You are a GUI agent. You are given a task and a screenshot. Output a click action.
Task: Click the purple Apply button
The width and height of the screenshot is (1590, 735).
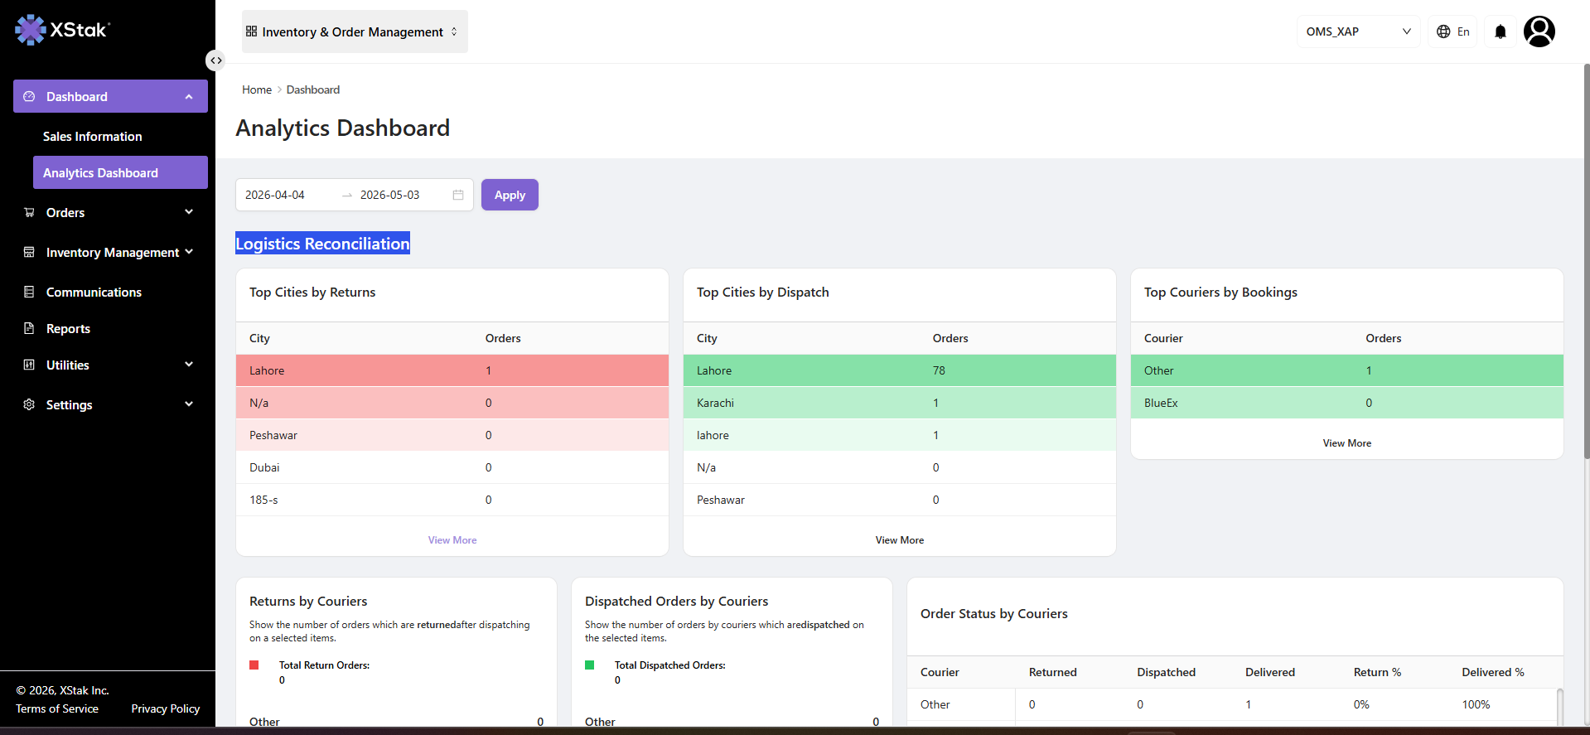[x=510, y=195]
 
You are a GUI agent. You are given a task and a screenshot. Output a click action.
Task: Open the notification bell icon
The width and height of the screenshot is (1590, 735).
[x=1500, y=31]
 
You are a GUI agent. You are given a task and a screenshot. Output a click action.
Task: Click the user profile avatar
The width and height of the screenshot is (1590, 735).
[x=1539, y=31]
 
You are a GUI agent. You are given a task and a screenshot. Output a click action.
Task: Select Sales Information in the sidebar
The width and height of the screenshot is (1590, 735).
[x=92, y=136]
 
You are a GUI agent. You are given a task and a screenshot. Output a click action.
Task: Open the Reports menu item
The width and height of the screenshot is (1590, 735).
[x=68, y=328]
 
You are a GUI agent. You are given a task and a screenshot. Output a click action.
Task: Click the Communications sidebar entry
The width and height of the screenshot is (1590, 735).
[x=94, y=292]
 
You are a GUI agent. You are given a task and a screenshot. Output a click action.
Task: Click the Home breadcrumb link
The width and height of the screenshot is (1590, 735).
[x=257, y=89]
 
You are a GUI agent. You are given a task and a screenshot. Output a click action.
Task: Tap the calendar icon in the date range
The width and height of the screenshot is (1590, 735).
[x=458, y=195]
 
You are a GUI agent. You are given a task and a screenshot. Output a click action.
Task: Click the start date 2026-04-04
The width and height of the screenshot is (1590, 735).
[x=275, y=195]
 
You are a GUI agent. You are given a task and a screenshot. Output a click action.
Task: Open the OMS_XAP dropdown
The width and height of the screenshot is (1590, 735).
[x=1358, y=31]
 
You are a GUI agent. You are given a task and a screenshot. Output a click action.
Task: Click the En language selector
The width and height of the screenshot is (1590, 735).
[x=1453, y=31]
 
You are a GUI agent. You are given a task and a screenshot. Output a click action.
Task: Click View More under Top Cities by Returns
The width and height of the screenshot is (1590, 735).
[x=452, y=539]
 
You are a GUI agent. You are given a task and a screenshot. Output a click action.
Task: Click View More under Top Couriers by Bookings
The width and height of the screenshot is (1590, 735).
[x=1347, y=442]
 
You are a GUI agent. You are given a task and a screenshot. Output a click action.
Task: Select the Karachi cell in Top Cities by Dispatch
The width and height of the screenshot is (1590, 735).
[x=716, y=403]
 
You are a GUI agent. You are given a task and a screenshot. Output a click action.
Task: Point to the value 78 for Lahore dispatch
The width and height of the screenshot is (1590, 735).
[x=939, y=370]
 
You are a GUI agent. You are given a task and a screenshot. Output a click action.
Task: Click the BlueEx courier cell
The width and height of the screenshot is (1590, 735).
[x=1161, y=403]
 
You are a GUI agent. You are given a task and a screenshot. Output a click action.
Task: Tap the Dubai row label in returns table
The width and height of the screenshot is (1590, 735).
[x=264, y=467]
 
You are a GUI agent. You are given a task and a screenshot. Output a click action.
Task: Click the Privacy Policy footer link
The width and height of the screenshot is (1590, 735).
[x=166, y=708]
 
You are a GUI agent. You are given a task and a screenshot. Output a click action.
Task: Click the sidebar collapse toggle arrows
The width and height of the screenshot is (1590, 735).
[x=215, y=60]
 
